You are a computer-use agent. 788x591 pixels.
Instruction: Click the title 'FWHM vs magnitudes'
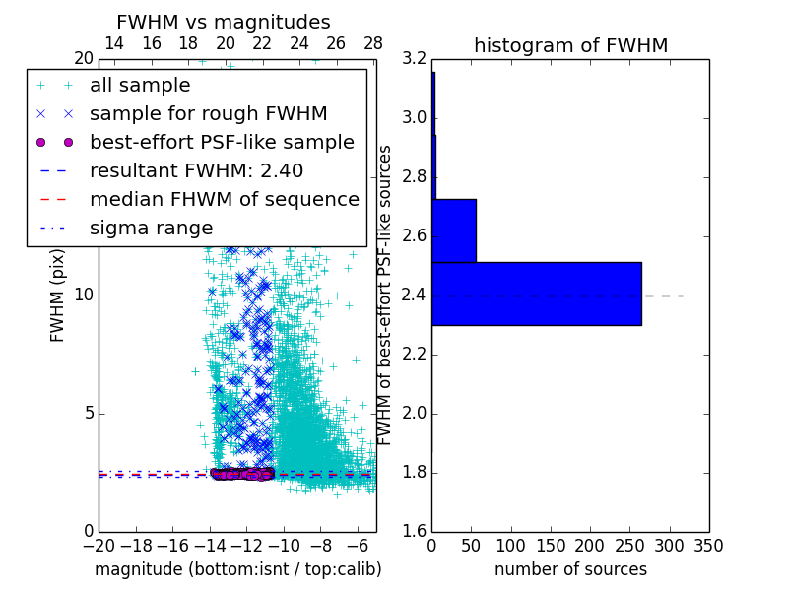point(223,22)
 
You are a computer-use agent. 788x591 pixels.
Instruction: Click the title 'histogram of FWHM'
point(570,45)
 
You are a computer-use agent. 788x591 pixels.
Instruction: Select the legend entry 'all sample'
point(140,86)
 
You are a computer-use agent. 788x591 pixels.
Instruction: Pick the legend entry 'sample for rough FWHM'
point(208,113)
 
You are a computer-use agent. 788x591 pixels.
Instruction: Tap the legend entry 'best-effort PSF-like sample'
point(222,142)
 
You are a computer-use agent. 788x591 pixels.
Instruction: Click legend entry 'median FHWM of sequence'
point(224,199)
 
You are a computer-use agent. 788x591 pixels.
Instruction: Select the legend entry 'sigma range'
point(151,228)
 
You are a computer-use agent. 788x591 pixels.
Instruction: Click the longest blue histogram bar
point(537,294)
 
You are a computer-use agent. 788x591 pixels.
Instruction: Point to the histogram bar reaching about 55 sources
point(454,230)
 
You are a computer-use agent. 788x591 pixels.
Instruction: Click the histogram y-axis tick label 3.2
point(415,59)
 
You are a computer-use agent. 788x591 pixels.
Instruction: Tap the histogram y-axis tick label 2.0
point(415,413)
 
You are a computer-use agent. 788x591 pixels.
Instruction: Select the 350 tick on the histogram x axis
point(708,546)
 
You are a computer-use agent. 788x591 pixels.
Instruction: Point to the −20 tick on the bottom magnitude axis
point(98,546)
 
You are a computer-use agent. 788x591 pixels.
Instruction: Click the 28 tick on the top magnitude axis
point(373,43)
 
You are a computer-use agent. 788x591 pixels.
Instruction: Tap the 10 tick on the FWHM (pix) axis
point(84,295)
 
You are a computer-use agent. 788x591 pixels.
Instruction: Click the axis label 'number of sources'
point(570,569)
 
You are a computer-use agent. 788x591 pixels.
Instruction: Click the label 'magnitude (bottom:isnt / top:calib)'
point(237,569)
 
